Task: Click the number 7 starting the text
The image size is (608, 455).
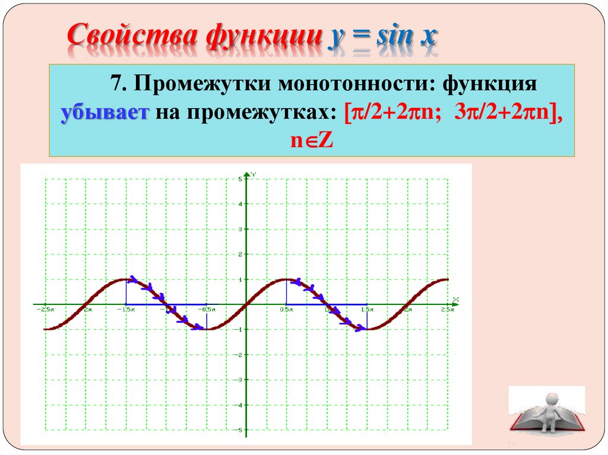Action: (x=115, y=84)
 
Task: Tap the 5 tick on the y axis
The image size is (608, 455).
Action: (x=240, y=179)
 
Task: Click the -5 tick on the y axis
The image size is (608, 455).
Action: (x=239, y=430)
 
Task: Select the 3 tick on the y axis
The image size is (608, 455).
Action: (x=240, y=229)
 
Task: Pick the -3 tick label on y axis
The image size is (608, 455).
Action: (x=239, y=380)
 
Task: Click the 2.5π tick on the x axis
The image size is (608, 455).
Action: (x=447, y=310)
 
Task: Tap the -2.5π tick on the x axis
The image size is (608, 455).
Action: (x=45, y=310)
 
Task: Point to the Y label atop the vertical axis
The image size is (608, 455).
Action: (x=254, y=174)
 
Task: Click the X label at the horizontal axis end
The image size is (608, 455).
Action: (x=455, y=298)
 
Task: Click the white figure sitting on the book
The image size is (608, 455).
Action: (x=551, y=407)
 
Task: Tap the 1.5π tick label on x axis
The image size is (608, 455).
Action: (x=368, y=310)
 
